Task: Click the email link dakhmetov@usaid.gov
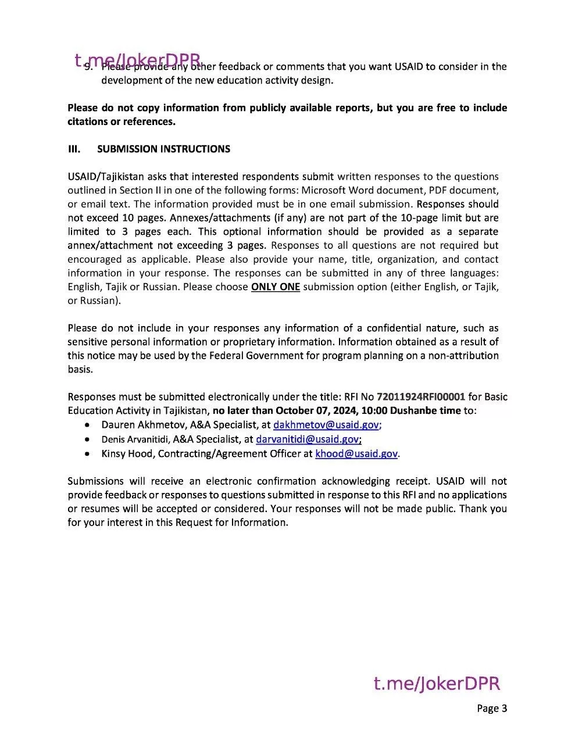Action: pyautogui.click(x=326, y=425)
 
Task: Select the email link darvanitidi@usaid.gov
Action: pyautogui.click(x=308, y=439)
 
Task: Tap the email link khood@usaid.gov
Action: pyautogui.click(x=356, y=453)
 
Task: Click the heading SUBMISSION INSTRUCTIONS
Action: pyautogui.click(x=163, y=149)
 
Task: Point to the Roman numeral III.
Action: pyautogui.click(x=74, y=149)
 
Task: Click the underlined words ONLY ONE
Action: pyautogui.click(x=275, y=287)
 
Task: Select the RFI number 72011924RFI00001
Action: pyautogui.click(x=421, y=397)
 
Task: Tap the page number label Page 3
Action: pyautogui.click(x=492, y=708)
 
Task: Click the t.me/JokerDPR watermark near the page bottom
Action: pyautogui.click(x=437, y=684)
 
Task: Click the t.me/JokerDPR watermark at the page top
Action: pyautogui.click(x=138, y=60)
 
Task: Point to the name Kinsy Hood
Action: pyautogui.click(x=127, y=453)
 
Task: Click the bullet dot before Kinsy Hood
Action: pyautogui.click(x=87, y=453)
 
